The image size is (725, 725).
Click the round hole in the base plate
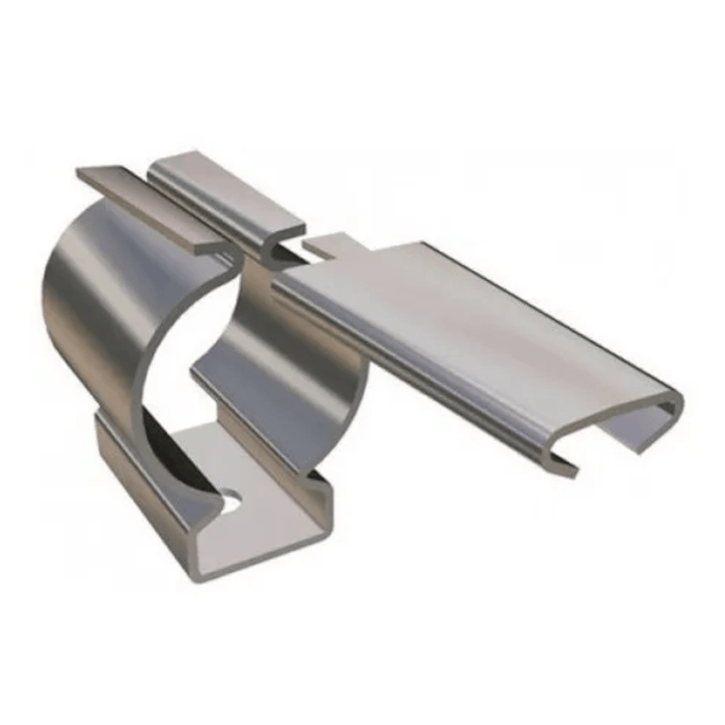pos(233,497)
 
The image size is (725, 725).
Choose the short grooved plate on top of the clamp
pos(227,195)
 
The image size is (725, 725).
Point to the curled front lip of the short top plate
pos(281,249)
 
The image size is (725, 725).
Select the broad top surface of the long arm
pos(471,317)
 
